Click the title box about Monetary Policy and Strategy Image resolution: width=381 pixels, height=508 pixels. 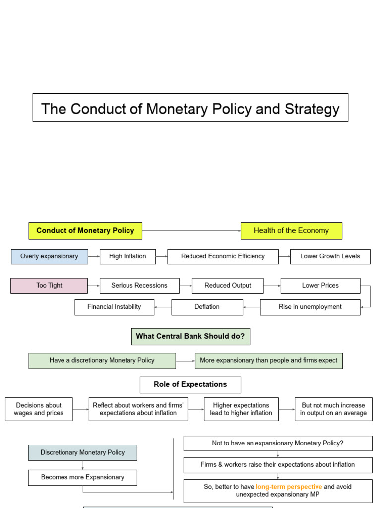[190, 108]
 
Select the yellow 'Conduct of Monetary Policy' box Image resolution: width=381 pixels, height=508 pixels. [85, 231]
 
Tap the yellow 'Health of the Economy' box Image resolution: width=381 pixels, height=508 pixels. [291, 231]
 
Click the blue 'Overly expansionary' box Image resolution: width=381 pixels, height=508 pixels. [50, 256]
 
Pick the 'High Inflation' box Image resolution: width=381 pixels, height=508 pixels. [127, 256]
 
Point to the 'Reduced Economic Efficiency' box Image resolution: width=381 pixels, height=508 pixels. [223, 256]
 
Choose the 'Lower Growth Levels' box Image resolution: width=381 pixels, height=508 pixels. [330, 256]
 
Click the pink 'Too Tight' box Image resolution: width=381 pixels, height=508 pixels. [49, 286]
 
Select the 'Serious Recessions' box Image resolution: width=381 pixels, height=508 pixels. [139, 286]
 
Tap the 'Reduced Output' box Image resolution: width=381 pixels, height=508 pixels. [228, 286]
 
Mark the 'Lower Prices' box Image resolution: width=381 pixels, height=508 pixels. [320, 286]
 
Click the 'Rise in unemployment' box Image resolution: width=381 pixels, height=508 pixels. [310, 307]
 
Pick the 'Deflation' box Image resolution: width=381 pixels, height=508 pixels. [207, 307]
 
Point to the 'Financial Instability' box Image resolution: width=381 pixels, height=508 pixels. [114, 307]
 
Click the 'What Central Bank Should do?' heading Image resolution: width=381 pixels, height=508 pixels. [190, 336]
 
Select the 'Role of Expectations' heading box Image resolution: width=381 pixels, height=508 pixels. [190, 384]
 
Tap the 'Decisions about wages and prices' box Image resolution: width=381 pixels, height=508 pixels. [39, 409]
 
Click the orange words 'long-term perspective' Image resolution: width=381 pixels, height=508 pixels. [289, 487]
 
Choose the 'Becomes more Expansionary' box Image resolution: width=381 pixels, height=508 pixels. [82, 477]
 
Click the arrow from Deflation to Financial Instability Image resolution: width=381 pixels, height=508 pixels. [163, 307]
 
